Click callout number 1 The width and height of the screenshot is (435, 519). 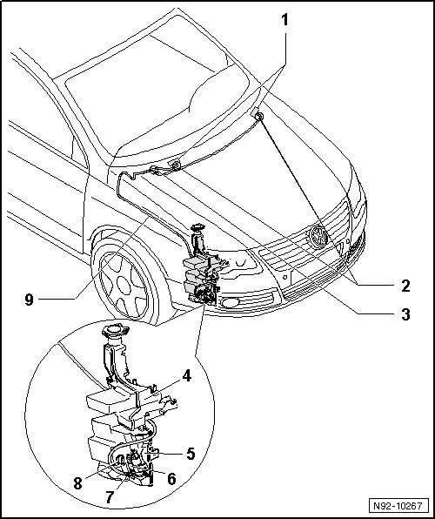pos(284,20)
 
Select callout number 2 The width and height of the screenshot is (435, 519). pos(405,286)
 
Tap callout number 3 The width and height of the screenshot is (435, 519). pos(405,314)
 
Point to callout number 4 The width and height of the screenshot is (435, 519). pos(186,376)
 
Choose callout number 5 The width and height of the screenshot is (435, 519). pos(191,454)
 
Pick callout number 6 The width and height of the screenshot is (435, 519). pos(171,479)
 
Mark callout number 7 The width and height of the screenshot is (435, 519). pos(110,497)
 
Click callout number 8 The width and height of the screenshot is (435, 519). pos(77,483)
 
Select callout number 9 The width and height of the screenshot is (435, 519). pos(29,300)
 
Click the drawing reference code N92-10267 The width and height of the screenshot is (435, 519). pos(398,506)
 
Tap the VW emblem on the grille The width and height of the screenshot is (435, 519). pos(318,237)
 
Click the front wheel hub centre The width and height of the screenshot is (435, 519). pos(124,286)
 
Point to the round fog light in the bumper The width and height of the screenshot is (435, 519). pos(231,302)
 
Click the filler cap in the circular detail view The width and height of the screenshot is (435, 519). pos(115,331)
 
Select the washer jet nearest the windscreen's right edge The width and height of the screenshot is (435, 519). pos(258,115)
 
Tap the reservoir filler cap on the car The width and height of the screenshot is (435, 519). pos(197,228)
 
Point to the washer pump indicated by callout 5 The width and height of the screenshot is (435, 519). pos(136,458)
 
